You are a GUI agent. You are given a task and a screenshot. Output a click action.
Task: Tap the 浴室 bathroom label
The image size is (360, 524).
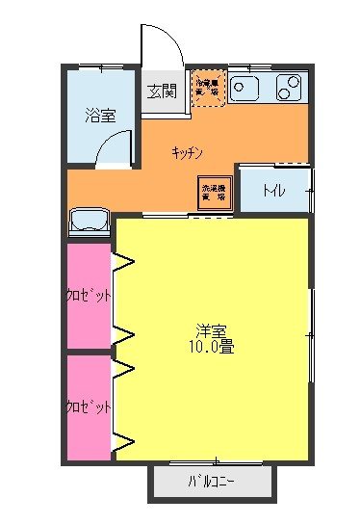pos(100,116)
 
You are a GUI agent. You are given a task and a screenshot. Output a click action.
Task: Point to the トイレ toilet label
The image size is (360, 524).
pos(273,191)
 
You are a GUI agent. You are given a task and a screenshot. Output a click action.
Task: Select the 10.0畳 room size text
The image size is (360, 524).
pos(213,346)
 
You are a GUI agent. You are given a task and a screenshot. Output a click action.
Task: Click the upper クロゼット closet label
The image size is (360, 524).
pos(88,295)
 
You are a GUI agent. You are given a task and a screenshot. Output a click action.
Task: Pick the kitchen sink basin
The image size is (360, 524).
pos(244,90)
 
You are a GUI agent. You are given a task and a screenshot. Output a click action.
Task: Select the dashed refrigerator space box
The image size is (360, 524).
pos(208,88)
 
